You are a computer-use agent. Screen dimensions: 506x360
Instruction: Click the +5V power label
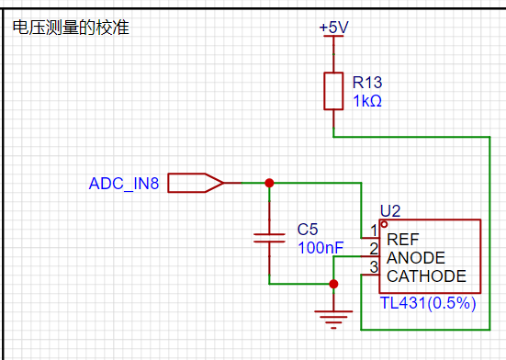[333, 28]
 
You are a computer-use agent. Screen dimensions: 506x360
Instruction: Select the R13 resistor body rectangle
[333, 91]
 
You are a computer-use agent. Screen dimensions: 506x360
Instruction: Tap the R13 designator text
[367, 83]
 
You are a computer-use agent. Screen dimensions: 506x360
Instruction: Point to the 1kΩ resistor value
[367, 101]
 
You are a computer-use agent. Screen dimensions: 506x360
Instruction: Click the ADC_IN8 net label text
[124, 184]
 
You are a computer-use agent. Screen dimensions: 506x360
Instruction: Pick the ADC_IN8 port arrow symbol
[196, 183]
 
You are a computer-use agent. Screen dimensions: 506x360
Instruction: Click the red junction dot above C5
[269, 183]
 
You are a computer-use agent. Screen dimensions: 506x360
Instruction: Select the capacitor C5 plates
[269, 238]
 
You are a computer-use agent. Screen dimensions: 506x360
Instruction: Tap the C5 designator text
[308, 230]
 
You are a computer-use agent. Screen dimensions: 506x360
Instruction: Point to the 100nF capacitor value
[320, 248]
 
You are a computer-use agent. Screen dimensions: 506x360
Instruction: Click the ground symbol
[333, 320]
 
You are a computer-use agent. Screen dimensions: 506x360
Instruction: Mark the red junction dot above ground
[333, 284]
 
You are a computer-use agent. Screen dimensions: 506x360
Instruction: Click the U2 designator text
[390, 211]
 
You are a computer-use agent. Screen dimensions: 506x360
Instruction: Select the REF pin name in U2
[403, 240]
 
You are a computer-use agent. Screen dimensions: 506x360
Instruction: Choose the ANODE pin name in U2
[416, 258]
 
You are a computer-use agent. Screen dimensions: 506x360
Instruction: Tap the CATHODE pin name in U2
[426, 276]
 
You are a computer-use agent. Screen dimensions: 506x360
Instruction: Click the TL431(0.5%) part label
[428, 303]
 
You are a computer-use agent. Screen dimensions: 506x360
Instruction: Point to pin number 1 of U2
[374, 231]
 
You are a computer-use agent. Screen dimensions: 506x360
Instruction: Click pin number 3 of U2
[374, 267]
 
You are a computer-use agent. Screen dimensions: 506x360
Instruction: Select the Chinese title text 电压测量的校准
[71, 28]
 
